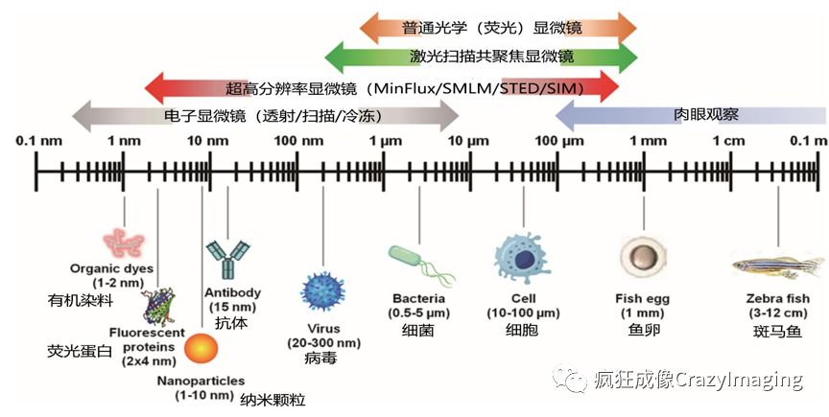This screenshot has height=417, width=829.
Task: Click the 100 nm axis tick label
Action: (298, 142)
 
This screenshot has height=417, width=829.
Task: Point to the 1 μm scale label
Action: (385, 142)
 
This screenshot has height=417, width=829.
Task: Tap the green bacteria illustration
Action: (418, 259)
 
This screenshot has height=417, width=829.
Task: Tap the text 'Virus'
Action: (321, 328)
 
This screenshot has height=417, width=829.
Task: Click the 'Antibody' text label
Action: (231, 292)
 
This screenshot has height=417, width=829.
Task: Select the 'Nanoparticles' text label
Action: (201, 380)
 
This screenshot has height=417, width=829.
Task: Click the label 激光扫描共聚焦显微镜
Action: (481, 57)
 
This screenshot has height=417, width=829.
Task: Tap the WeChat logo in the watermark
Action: (575, 380)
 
